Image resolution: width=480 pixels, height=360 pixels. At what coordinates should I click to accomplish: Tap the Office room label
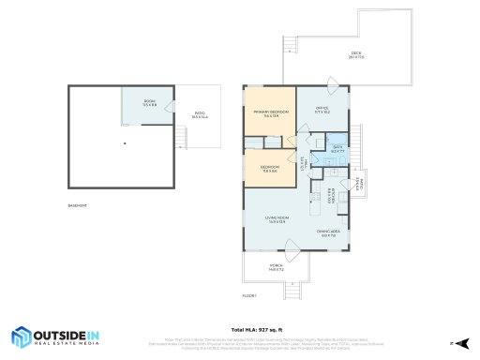[322, 109]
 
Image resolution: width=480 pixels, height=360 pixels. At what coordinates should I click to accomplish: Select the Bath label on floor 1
[337, 148]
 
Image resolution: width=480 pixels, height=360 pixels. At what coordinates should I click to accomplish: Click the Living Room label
[278, 219]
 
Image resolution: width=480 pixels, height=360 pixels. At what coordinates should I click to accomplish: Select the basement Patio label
[200, 115]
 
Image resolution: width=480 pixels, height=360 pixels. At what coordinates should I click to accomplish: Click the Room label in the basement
[149, 103]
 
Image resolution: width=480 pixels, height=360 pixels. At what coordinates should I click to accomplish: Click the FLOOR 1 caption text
[249, 295]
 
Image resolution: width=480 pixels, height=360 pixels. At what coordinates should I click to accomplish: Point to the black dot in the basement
[126, 143]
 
